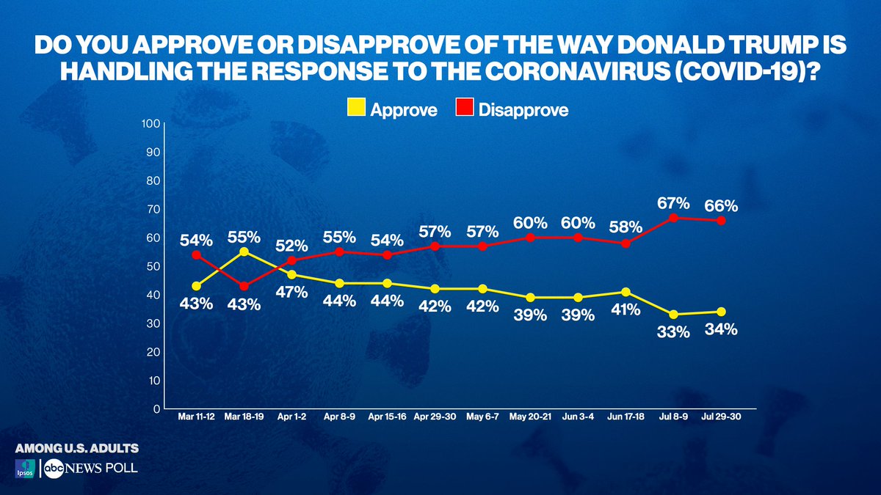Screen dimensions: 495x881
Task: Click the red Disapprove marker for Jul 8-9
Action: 673,218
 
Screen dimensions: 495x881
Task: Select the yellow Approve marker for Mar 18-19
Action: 244,252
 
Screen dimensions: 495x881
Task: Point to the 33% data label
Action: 673,332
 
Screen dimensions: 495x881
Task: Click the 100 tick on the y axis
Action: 151,123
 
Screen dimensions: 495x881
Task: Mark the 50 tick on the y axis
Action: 153,266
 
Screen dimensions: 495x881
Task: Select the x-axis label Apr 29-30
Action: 435,417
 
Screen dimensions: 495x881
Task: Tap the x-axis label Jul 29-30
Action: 721,417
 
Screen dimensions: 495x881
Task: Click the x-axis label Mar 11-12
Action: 197,417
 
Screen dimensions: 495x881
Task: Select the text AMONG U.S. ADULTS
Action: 76,447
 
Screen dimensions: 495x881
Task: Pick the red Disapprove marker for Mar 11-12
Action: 196,254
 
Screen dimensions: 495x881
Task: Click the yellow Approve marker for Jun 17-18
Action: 626,292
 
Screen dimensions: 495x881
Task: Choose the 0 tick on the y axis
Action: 156,408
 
